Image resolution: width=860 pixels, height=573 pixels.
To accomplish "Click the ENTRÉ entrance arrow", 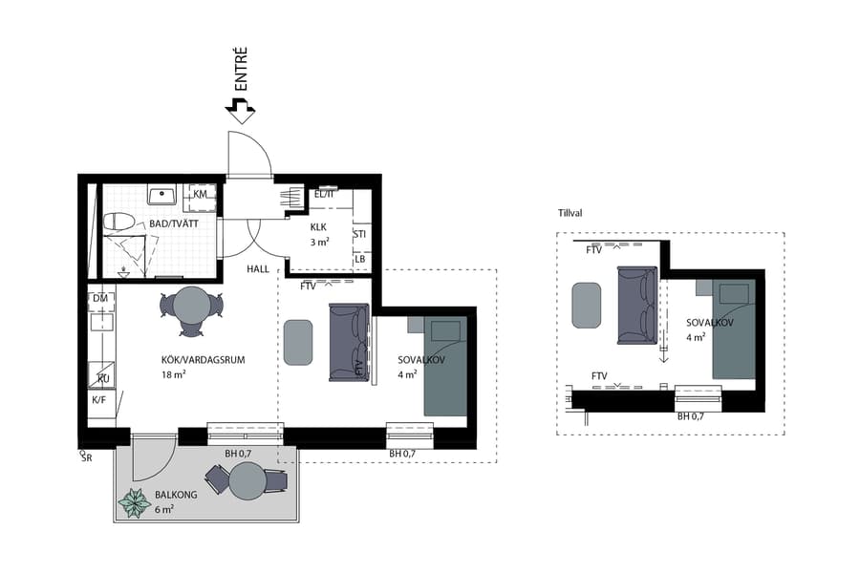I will point(240,112).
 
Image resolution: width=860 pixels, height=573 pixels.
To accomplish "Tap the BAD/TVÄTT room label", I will point(168,225).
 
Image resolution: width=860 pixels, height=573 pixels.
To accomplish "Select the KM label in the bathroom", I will point(200,194).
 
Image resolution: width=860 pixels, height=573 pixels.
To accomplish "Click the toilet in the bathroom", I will point(119,223).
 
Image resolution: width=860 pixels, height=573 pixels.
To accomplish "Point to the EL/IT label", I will point(324,195).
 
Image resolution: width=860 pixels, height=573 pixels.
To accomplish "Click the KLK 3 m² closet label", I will point(318,235).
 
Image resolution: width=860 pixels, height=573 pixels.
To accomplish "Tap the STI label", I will point(359,234).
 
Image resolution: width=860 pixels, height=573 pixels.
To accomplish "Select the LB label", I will point(359,259).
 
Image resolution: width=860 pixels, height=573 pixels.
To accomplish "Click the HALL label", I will point(258,269).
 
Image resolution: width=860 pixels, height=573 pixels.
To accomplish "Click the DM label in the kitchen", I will point(99,299).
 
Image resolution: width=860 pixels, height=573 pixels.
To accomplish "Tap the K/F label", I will point(99,399).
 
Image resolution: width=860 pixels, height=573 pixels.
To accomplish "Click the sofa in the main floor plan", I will point(348,341).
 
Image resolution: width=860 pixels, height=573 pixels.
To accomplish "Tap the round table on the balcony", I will point(247,480).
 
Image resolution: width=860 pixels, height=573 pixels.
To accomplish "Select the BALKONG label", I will point(173,496).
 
